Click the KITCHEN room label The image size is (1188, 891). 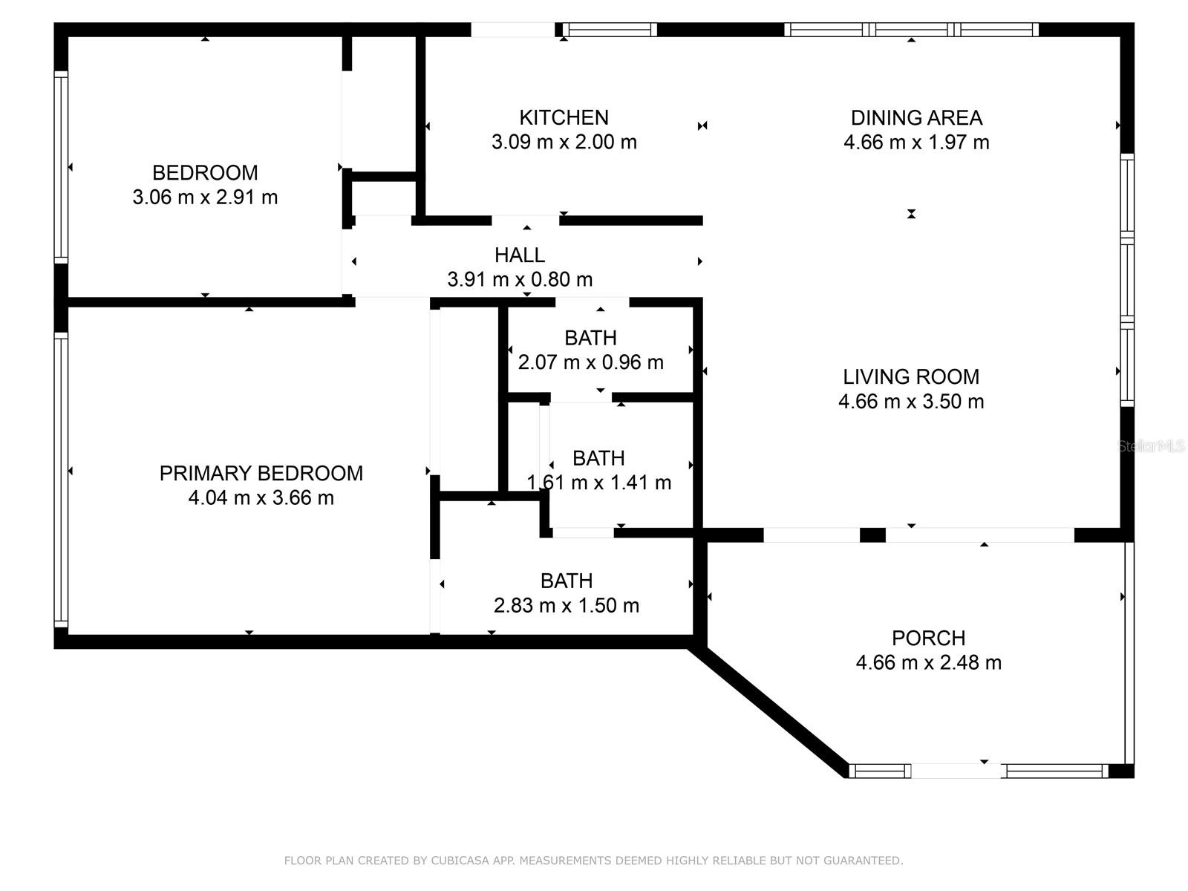coord(564,117)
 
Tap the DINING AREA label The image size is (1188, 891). coord(916,117)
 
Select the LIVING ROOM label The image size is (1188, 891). coord(911,376)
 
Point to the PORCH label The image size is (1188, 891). coord(928,638)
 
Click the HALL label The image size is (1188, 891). coord(520,255)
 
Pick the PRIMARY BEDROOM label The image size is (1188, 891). coord(261,473)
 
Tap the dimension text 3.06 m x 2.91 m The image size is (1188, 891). coord(205,197)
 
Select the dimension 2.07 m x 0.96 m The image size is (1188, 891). coord(590,362)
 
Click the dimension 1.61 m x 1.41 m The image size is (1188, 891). coord(599,482)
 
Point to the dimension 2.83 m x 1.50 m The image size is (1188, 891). coord(566,605)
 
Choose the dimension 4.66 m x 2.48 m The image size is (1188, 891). coord(928,662)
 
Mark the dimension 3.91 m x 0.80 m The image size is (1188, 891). coord(520,279)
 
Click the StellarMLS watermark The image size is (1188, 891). coord(1151,446)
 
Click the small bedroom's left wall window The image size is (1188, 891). coord(61,167)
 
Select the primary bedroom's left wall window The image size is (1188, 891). coord(61,480)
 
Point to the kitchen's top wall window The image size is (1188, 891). coord(610,29)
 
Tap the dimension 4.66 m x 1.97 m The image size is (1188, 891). coord(916,142)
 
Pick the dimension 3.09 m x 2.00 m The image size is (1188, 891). coord(564,142)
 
